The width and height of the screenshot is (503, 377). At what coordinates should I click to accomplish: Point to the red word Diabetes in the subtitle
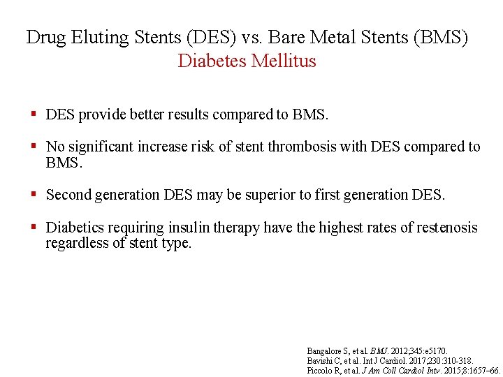pyautogui.click(x=212, y=61)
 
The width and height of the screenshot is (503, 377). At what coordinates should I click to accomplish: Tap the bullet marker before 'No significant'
pyautogui.click(x=33, y=147)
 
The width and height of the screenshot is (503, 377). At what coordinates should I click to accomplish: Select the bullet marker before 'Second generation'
pyautogui.click(x=33, y=195)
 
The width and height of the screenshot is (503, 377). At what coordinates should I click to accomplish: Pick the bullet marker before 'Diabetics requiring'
pyautogui.click(x=33, y=228)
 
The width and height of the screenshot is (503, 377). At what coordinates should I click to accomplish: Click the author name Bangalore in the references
pyautogui.click(x=324, y=350)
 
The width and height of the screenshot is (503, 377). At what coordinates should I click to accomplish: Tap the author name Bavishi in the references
pyautogui.click(x=320, y=360)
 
